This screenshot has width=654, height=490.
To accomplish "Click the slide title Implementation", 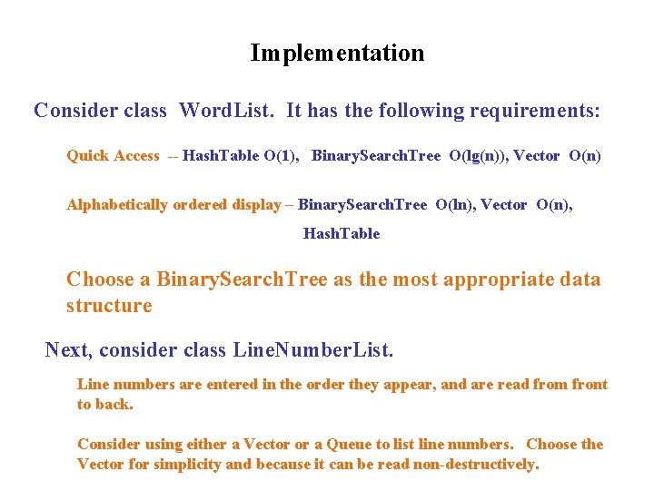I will pyautogui.click(x=337, y=54).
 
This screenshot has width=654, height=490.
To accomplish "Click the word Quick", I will pyautogui.click(x=87, y=156).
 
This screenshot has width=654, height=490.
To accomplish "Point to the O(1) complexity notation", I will pyautogui.click(x=280, y=156).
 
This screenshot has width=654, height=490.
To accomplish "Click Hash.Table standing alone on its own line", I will pyautogui.click(x=342, y=234).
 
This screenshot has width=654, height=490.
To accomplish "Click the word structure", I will pyautogui.click(x=109, y=306).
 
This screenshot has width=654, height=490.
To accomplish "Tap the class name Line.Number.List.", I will pyautogui.click(x=312, y=350).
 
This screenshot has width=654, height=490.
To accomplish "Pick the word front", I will pyautogui.click(x=590, y=385).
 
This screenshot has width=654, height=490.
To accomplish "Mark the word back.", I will pyautogui.click(x=115, y=405).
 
